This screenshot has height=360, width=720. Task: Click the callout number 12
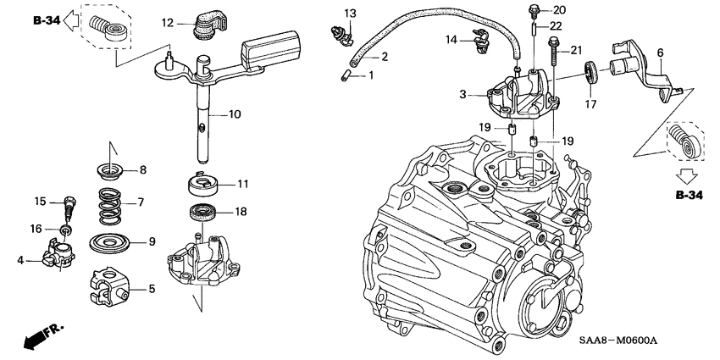pos(167,22)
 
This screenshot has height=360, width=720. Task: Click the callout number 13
pos(350,12)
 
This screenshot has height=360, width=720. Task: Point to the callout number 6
pos(660,52)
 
